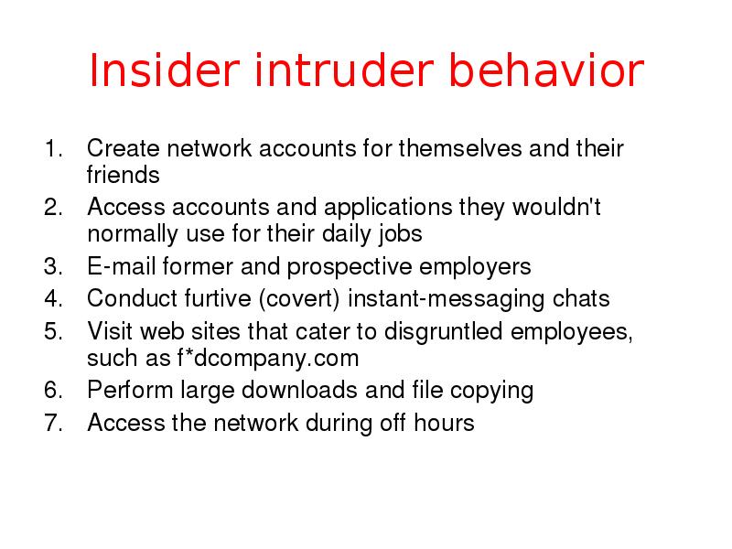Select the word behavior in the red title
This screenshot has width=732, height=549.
(561, 72)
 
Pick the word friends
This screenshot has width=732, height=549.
(124, 175)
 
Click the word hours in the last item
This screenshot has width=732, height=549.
(448, 423)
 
